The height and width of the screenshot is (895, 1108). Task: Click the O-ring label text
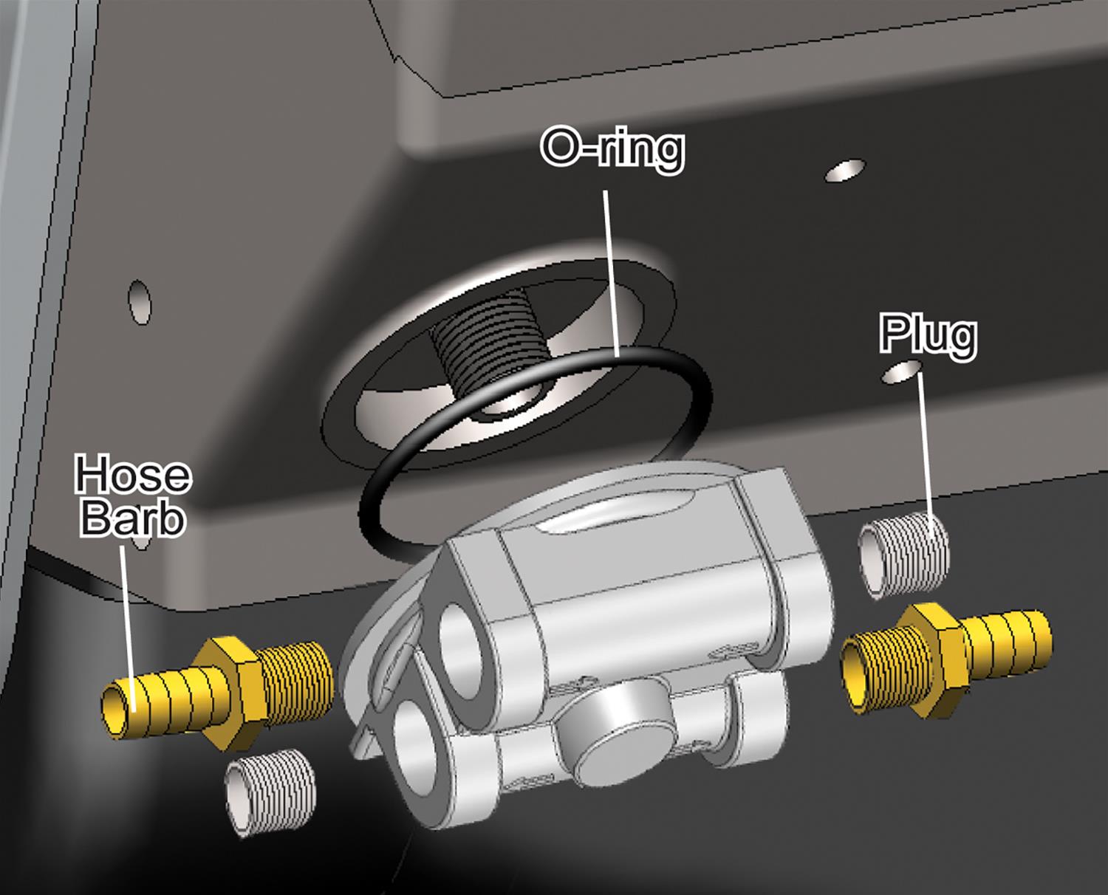pyautogui.click(x=612, y=148)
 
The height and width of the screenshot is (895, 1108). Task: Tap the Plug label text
pyautogui.click(x=928, y=336)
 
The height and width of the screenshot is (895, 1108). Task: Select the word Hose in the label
pyautogui.click(x=133, y=475)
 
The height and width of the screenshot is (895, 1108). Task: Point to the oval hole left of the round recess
pyautogui.click(x=140, y=301)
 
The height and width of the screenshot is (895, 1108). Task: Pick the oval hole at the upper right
pyautogui.click(x=845, y=171)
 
